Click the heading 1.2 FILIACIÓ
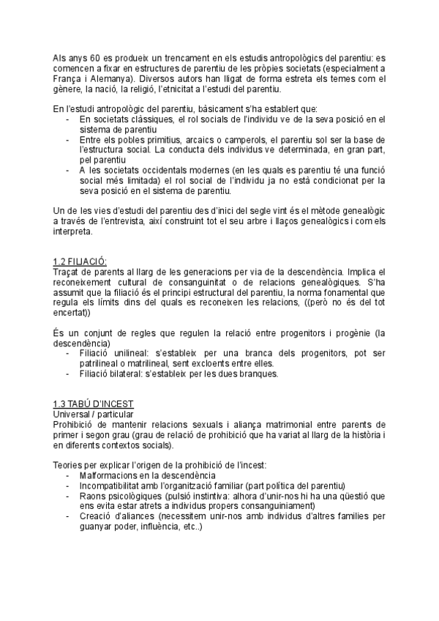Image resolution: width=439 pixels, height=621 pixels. coord(80,262)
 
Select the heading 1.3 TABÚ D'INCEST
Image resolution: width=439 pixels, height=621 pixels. coord(93,404)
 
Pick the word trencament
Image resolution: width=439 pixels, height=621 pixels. coord(180,56)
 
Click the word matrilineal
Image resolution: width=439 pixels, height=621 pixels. coord(152,363)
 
